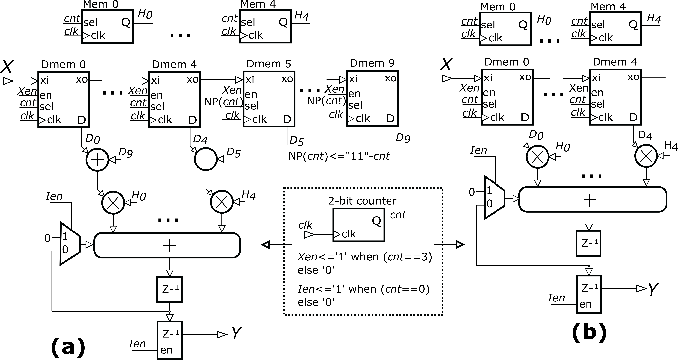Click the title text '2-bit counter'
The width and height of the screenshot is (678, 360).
point(362,201)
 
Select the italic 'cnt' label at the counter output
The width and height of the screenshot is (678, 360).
point(397,215)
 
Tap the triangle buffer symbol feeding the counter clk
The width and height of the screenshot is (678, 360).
point(310,235)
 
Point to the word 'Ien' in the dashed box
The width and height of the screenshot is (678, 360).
point(306,289)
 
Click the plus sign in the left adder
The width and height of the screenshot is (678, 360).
point(169,245)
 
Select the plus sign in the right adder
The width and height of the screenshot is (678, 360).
point(590,200)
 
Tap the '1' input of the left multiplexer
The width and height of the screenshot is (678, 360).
point(65,237)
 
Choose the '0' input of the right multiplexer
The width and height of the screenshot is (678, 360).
point(489,204)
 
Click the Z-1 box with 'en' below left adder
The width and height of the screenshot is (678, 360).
point(169,340)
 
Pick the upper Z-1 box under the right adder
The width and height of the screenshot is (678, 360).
point(588,244)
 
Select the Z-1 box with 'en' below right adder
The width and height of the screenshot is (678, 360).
point(589,294)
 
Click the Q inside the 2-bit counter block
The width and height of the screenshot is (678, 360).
point(376,221)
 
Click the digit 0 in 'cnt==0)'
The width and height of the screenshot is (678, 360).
point(422,289)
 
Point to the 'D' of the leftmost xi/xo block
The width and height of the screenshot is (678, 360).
point(82,120)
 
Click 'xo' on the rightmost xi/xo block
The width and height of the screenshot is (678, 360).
point(633,77)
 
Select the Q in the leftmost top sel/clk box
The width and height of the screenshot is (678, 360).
point(126,22)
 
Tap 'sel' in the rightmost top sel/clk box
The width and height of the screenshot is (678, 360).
point(598,25)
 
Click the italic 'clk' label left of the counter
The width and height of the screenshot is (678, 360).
point(305,225)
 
